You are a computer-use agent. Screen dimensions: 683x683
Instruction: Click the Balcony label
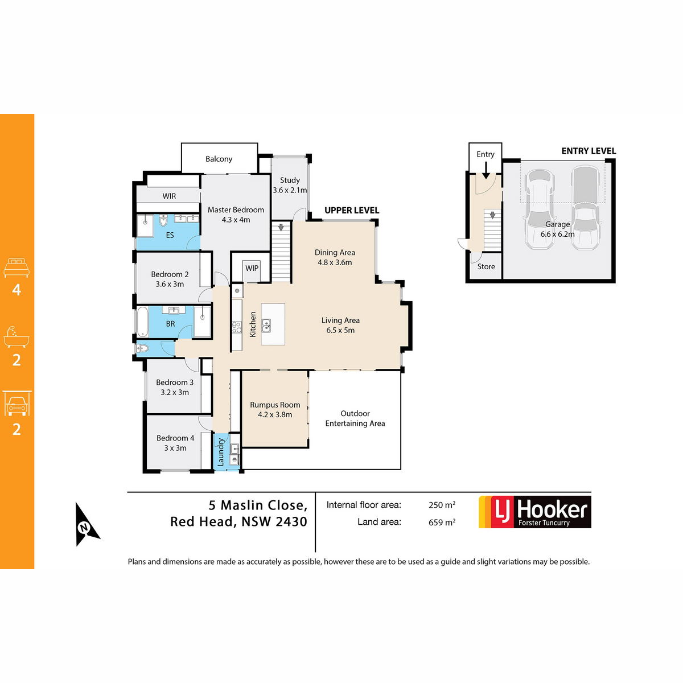[219, 159]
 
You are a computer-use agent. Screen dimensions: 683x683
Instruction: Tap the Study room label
[290, 180]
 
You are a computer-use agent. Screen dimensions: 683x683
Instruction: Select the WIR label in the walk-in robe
[169, 196]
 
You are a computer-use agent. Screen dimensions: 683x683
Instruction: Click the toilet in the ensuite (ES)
[163, 220]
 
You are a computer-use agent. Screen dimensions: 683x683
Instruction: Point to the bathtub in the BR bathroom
[142, 322]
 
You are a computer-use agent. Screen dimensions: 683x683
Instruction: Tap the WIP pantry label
[252, 268]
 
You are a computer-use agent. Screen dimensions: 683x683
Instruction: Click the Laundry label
[220, 452]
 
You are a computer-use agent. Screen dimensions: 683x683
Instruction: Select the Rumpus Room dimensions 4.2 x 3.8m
[275, 415]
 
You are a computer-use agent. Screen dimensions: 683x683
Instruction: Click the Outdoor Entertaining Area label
[355, 418]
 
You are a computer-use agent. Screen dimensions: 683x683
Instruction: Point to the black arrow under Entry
[486, 170]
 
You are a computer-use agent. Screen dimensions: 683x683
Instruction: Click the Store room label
[486, 266]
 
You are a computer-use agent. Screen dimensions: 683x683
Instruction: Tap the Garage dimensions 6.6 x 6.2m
[557, 234]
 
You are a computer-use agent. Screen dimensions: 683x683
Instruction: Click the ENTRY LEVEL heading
[589, 151]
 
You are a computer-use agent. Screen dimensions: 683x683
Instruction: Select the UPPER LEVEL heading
[352, 210]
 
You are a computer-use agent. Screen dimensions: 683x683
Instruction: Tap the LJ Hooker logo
[534, 512]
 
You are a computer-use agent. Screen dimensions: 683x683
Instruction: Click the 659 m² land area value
[442, 522]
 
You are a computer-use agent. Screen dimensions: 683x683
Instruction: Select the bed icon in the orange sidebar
[17, 268]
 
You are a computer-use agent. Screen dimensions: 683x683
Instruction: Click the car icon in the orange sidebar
[17, 404]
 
